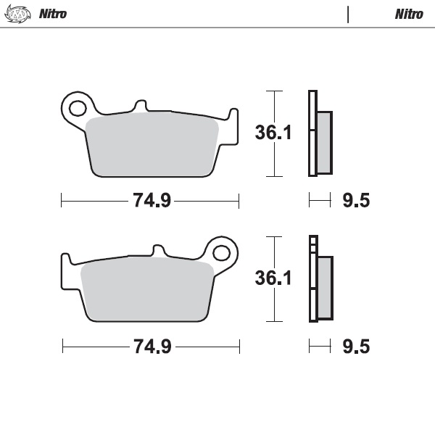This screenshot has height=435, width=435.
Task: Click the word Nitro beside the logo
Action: [x=53, y=14]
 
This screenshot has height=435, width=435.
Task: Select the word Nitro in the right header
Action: [x=409, y=14]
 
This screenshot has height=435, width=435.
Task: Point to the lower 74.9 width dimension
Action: [x=151, y=347]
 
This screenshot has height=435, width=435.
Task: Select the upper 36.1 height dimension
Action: [x=273, y=133]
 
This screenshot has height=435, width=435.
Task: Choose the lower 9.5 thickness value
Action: [x=355, y=347]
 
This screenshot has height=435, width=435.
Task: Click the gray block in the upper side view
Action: [x=325, y=142]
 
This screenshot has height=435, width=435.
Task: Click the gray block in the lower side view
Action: [x=325, y=288]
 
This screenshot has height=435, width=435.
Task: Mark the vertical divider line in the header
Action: [x=348, y=14]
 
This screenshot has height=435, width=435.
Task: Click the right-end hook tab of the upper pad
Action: [x=233, y=115]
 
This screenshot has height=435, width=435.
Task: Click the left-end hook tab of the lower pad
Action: [x=65, y=259]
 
